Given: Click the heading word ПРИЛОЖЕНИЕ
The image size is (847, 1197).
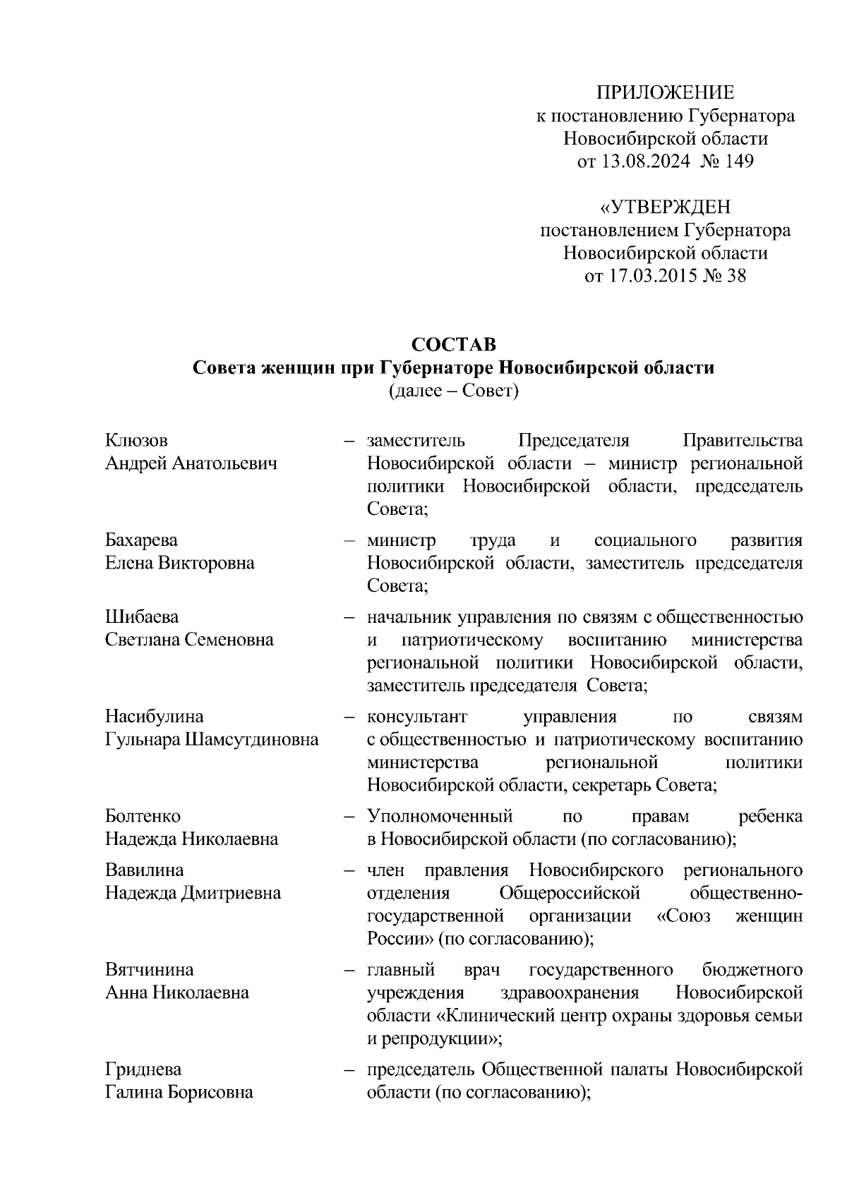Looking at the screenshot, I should pyautogui.click(x=665, y=92).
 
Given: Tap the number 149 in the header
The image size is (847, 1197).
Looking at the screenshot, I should pyautogui.click(x=738, y=162).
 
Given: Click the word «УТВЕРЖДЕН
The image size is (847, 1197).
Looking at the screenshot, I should pyautogui.click(x=665, y=207).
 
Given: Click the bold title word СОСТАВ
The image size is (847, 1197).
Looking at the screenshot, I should pyautogui.click(x=454, y=344).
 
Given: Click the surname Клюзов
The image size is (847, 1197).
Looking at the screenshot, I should pyautogui.click(x=137, y=441).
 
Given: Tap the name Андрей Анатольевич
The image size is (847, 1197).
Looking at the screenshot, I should pyautogui.click(x=191, y=463).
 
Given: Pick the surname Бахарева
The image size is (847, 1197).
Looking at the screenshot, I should pyautogui.click(x=142, y=540).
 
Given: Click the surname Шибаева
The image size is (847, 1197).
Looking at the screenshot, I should pyautogui.click(x=142, y=617).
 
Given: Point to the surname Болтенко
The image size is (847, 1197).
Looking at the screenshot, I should pyautogui.click(x=143, y=816).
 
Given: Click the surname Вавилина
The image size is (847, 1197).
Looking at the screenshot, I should pyautogui.click(x=145, y=870).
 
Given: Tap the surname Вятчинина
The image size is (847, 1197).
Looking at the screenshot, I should pyautogui.click(x=150, y=970).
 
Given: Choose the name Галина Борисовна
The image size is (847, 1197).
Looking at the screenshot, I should pyautogui.click(x=179, y=1093).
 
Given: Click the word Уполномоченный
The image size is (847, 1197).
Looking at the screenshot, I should pyautogui.click(x=440, y=816).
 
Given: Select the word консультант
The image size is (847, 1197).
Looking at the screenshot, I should pyautogui.click(x=417, y=717).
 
